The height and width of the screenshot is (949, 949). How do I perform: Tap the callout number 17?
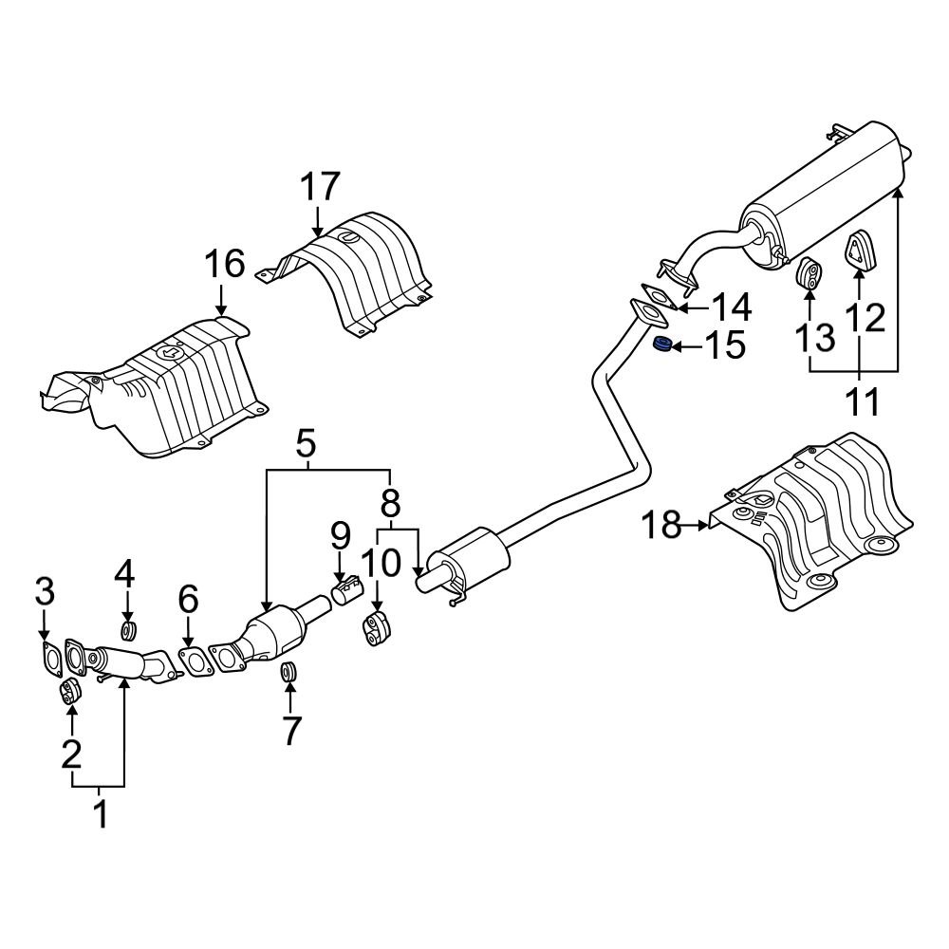click(321, 187)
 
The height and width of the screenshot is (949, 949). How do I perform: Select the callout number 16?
click(227, 264)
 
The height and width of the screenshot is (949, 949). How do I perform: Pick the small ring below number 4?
click(128, 630)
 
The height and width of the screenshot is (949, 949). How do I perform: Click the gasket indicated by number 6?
click(194, 661)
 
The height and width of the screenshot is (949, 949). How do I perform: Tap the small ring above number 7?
click(290, 673)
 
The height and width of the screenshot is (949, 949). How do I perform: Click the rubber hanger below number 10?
click(378, 631)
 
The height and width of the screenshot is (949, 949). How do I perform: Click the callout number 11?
click(863, 401)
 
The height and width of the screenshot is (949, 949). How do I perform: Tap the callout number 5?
click(306, 442)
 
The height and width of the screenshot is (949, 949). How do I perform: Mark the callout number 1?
click(100, 813)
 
